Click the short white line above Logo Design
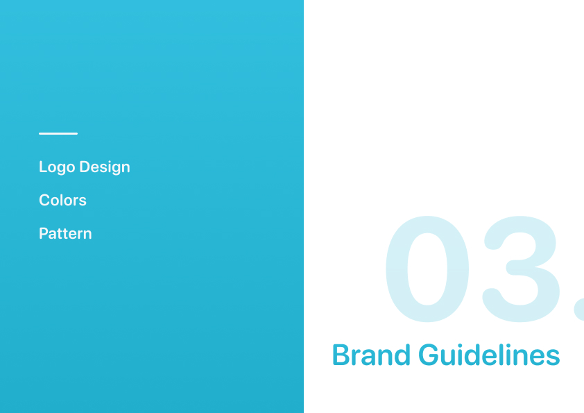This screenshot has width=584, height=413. tap(58, 133)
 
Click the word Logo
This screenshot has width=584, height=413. tap(57, 167)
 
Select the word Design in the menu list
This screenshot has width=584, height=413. tap(105, 167)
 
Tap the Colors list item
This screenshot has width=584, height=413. tap(62, 200)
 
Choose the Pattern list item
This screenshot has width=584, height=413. tap(66, 234)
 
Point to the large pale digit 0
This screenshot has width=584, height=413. tap(427, 269)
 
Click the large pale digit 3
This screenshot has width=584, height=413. tap(521, 269)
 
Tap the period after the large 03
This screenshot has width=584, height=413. tap(579, 309)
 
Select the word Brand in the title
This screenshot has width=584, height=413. tap(371, 355)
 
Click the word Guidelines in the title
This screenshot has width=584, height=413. tap(489, 355)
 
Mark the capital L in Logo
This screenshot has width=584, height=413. tap(43, 167)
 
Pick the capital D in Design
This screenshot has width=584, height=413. tap(85, 167)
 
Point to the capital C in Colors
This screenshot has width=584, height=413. tap(44, 200)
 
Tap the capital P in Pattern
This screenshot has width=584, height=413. tap(44, 234)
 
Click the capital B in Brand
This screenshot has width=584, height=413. tap(340, 355)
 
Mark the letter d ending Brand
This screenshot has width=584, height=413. tap(402, 355)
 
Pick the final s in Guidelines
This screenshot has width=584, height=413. tap(553, 358)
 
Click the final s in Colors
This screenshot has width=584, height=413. tap(82, 202)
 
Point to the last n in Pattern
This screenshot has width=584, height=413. tap(87, 235)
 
